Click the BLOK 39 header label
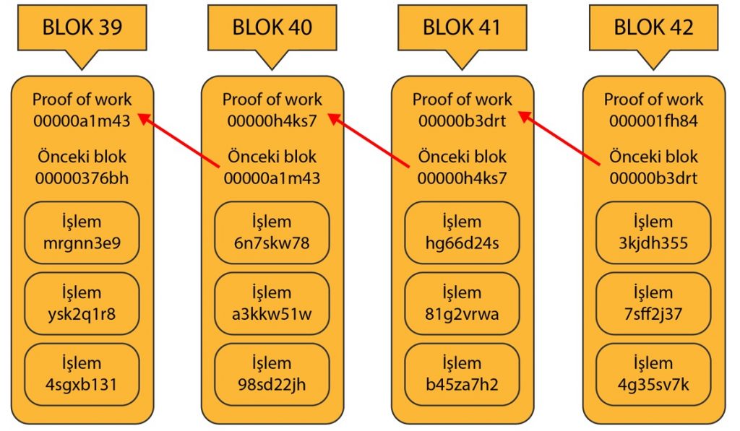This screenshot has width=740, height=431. [82, 27]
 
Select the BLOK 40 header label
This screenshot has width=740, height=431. [272, 27]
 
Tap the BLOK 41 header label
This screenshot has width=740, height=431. [462, 27]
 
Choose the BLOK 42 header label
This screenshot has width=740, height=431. [653, 27]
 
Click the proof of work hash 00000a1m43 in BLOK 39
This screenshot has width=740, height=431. [82, 121]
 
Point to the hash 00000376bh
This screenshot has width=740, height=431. [82, 178]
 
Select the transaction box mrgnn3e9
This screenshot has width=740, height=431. [82, 232]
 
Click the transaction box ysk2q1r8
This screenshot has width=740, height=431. [82, 303]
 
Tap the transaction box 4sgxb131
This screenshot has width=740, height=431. [82, 374]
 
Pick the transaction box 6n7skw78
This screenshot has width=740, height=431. [272, 232]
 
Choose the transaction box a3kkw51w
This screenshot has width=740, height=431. [272, 303]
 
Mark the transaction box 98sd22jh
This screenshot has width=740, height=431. [272, 374]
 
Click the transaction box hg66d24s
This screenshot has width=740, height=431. [462, 232]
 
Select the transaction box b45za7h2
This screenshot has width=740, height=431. [462, 374]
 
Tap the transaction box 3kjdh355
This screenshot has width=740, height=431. [653, 232]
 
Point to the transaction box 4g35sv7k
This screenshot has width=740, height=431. [653, 374]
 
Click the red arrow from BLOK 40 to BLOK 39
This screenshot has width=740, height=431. [178, 142]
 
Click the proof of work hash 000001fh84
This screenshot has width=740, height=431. [653, 121]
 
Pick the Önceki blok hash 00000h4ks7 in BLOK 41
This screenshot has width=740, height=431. [462, 178]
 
